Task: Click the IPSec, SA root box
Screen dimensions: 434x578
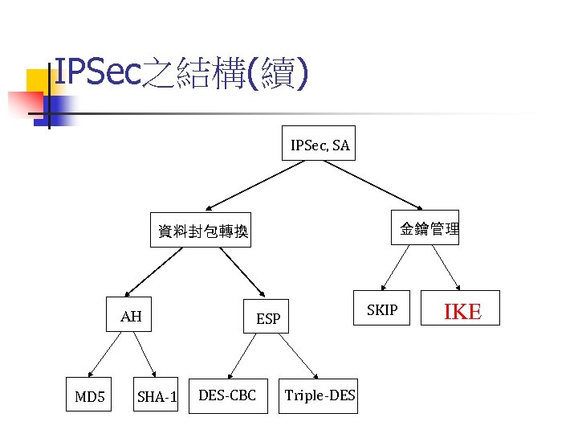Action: [x=319, y=145]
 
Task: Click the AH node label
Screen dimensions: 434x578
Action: [x=131, y=317]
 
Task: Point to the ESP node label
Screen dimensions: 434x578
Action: [x=268, y=319]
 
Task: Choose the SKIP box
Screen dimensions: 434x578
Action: [x=381, y=309]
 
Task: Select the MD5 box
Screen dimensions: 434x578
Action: [x=90, y=396]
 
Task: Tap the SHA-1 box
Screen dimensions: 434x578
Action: [x=157, y=396]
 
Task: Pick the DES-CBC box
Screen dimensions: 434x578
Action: [x=227, y=395]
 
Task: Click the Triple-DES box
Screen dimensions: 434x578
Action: [x=319, y=395]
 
